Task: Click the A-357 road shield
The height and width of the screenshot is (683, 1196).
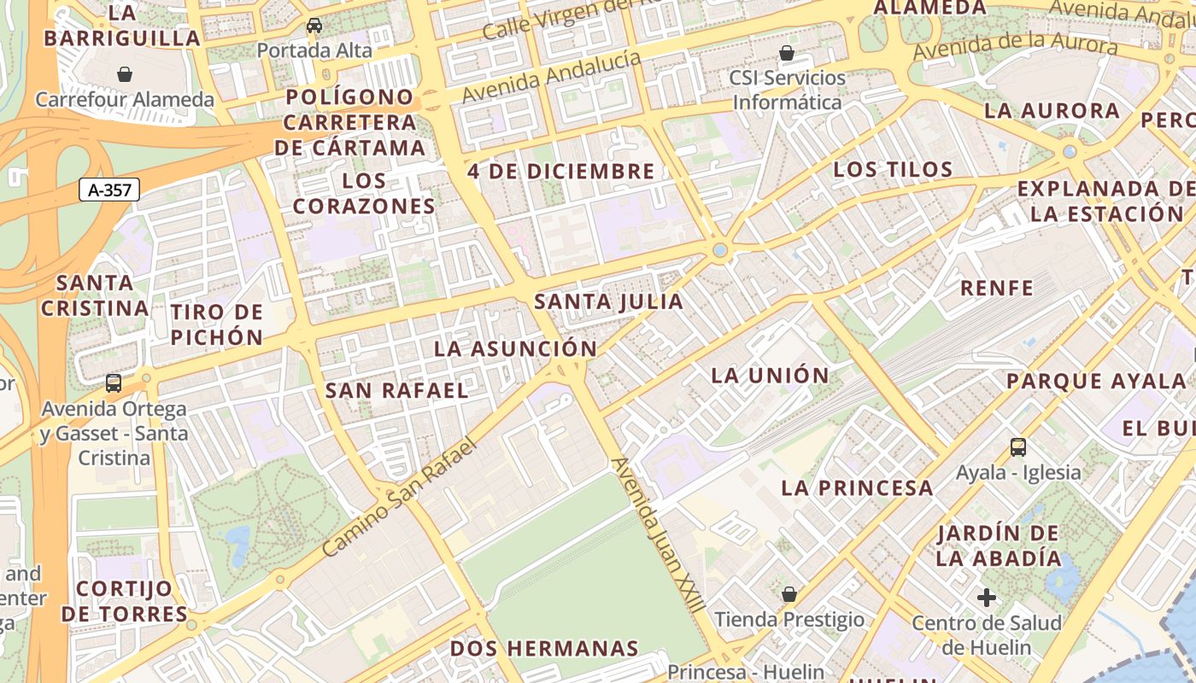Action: [109, 190]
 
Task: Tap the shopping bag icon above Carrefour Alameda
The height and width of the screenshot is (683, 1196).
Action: [125, 74]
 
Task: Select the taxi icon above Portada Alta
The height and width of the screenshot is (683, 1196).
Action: [314, 26]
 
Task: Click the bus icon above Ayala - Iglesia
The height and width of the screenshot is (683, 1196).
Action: [1017, 447]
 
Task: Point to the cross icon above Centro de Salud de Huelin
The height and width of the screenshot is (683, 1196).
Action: [987, 597]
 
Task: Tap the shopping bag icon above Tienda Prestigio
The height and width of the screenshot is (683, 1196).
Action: [789, 593]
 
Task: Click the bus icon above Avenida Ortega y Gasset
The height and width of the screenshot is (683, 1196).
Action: [114, 383]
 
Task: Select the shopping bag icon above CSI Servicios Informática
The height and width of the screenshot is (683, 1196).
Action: [787, 53]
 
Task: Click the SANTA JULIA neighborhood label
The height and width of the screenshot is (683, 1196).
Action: [609, 301]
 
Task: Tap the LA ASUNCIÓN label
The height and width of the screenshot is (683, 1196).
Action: [515, 348]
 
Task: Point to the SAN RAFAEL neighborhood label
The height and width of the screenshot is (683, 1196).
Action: [397, 391]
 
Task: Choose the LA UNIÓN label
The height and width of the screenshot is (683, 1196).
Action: [770, 375]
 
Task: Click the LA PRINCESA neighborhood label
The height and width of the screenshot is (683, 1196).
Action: [857, 488]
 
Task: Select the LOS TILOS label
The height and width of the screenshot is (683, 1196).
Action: [893, 169]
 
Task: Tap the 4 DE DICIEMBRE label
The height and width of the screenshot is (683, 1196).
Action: [561, 171]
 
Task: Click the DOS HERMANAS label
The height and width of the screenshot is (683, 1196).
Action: [544, 648]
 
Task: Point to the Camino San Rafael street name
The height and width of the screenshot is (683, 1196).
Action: [397, 498]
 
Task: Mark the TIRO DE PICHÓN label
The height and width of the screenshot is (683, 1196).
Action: [216, 324]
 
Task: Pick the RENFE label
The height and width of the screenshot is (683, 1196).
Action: [997, 288]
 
